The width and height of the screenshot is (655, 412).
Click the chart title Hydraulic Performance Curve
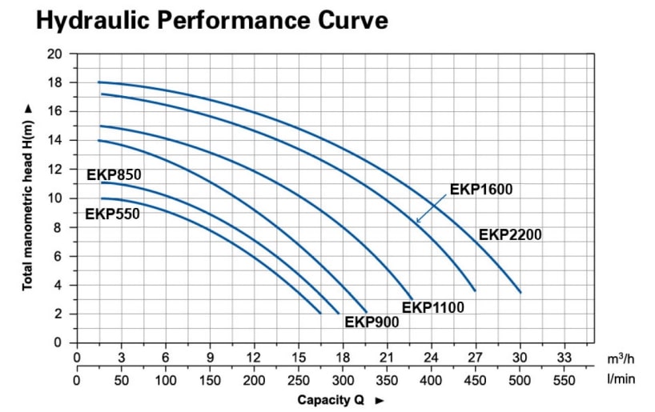tap(212, 20)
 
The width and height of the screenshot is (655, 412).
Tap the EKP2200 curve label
tap(510, 234)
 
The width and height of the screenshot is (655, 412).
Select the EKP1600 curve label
tap(480, 190)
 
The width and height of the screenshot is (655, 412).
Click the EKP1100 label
tap(432, 306)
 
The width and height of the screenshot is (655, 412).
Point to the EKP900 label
tap(372, 322)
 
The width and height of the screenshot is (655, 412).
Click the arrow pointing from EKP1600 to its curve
tap(431, 209)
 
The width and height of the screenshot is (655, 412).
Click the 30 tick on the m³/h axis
tap(520, 358)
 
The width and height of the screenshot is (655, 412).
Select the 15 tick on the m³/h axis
tap(299, 358)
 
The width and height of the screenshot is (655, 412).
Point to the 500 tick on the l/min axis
tap(520, 379)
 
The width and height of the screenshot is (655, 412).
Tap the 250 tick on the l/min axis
tap(299, 379)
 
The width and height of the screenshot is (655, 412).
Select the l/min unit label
tap(621, 379)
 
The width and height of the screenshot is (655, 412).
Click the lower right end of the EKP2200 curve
tap(520, 292)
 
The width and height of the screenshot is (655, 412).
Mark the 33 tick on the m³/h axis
tap(565, 358)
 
